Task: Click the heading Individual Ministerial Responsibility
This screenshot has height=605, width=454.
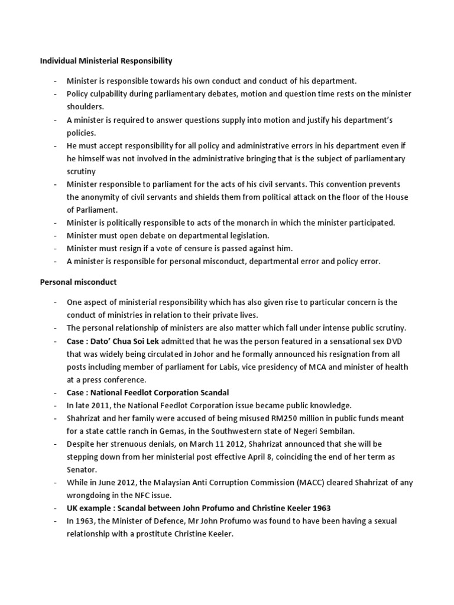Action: tap(106, 60)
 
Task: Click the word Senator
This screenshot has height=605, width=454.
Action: tap(82, 470)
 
